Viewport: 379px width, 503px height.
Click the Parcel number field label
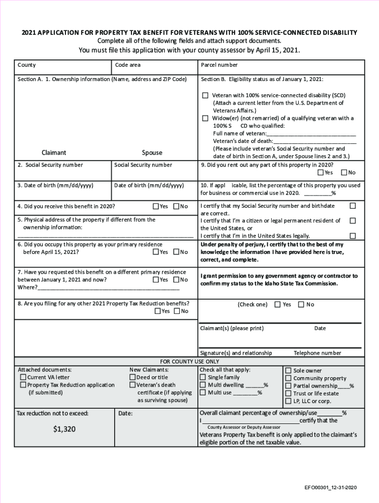(219, 65)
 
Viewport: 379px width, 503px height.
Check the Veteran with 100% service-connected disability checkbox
(205, 95)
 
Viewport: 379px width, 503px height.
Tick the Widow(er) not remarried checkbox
(205, 118)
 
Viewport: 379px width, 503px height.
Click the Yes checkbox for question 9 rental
(321, 172)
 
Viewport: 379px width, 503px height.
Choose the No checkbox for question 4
(176, 206)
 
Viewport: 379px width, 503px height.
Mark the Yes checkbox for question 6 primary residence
(156, 252)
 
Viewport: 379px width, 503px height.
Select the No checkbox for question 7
(176, 279)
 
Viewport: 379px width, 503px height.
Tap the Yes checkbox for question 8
(158, 311)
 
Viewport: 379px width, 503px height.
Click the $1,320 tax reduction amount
(64, 429)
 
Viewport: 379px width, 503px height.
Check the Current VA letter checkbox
(23, 377)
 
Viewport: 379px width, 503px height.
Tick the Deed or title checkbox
(132, 377)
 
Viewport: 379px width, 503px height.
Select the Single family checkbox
(202, 377)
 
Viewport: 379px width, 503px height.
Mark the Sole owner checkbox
(288, 371)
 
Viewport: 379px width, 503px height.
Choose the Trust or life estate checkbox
(288, 393)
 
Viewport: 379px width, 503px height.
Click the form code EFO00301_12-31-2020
(330, 488)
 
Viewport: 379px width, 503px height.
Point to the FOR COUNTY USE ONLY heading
(189, 361)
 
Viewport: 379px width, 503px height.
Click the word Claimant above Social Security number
(54, 153)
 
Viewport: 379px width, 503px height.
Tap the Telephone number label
(317, 353)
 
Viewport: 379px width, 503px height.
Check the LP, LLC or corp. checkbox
(288, 401)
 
